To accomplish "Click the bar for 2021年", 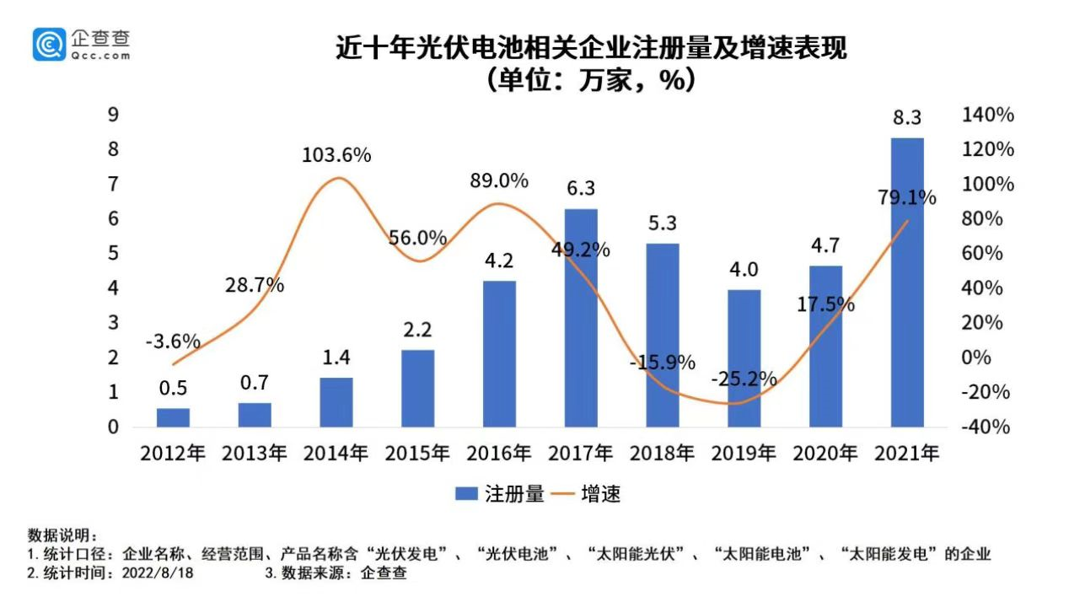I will [907, 282].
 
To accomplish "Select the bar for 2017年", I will [581, 318].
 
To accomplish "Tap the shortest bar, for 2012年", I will [173, 417].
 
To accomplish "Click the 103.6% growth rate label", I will [337, 155].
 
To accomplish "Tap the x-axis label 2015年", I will [417, 454].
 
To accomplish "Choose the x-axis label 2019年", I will [744, 454].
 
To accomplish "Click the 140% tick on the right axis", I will [987, 116].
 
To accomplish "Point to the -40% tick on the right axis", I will [987, 427].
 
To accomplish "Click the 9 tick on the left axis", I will [113, 116].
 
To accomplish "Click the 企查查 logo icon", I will [49, 44].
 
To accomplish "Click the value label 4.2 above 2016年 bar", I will [500, 261].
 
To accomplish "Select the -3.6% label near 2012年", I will [173, 341].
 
